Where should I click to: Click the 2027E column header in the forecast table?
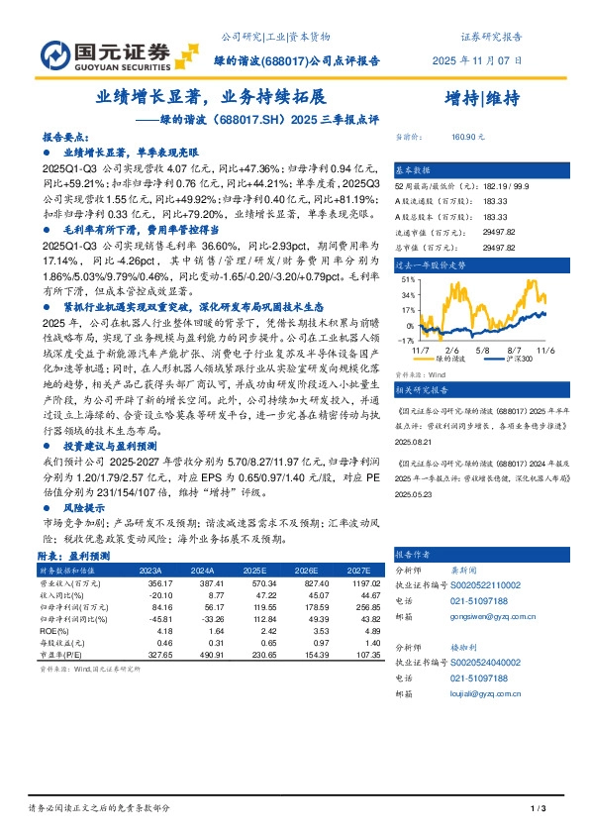(x=359, y=571)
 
